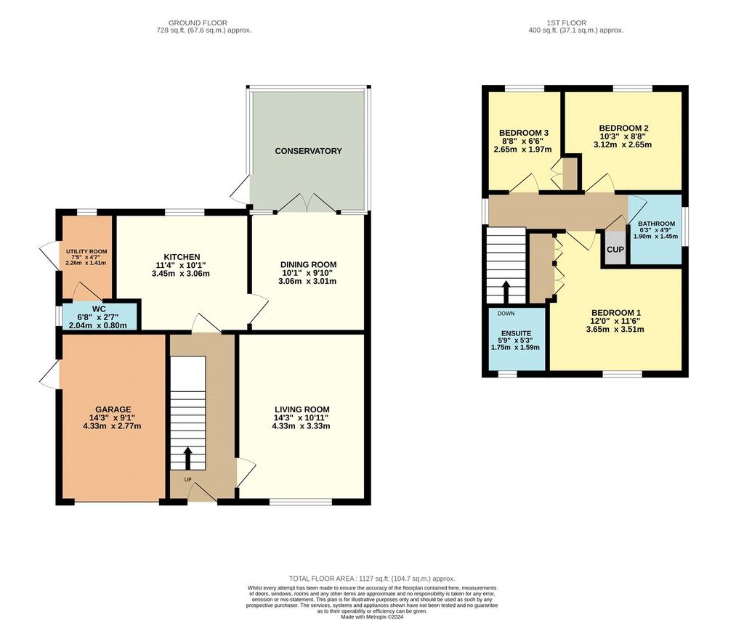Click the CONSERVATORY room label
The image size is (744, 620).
point(308,151)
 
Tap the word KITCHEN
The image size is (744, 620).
point(182,258)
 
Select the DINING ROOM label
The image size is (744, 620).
point(308,265)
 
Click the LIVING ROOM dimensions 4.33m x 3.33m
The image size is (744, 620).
point(302,426)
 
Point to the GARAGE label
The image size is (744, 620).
point(113,409)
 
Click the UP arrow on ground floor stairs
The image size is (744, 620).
point(188,457)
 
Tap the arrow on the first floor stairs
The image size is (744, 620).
point(506,292)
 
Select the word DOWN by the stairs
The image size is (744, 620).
point(506,314)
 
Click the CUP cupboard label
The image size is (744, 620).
point(615,249)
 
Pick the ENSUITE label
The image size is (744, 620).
point(517,333)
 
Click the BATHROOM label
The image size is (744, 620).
point(656,224)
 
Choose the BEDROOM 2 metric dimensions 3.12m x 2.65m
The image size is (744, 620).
point(623,144)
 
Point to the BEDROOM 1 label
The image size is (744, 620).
point(616,313)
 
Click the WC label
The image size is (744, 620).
point(99,309)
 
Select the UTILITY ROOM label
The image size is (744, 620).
point(86,252)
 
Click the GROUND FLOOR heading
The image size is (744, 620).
point(198,23)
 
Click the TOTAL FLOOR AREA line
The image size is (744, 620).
point(372,579)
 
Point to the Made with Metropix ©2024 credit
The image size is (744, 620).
point(372,617)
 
